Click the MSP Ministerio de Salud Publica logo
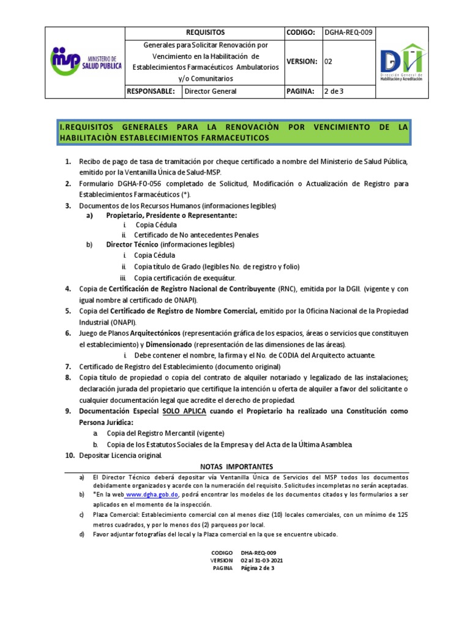pos(86,61)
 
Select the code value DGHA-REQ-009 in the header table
pos(348,32)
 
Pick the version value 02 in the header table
pos(328,61)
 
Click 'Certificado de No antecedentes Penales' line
pos(196,235)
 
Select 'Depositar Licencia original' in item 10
pos(120,456)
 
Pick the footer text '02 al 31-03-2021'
pos(262,560)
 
